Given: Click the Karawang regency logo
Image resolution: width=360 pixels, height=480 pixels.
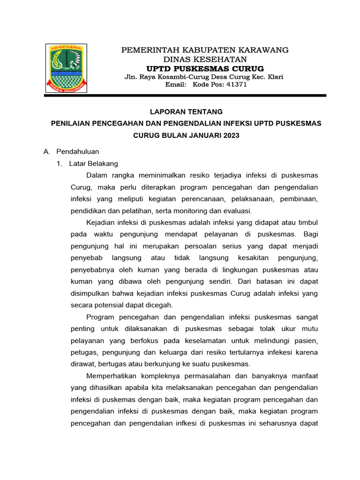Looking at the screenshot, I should (x=66, y=67).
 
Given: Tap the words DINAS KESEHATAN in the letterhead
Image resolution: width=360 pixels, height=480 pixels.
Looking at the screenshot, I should (x=205, y=59).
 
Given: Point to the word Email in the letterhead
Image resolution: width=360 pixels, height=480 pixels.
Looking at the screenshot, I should (x=176, y=85).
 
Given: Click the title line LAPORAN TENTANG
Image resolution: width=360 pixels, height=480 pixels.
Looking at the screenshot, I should (x=186, y=112).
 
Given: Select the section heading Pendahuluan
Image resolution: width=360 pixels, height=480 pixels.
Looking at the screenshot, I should (x=77, y=151).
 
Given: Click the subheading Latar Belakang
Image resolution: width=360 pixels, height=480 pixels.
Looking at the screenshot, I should (x=93, y=164).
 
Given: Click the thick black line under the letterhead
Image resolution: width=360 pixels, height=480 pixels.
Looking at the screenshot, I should (x=185, y=96).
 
